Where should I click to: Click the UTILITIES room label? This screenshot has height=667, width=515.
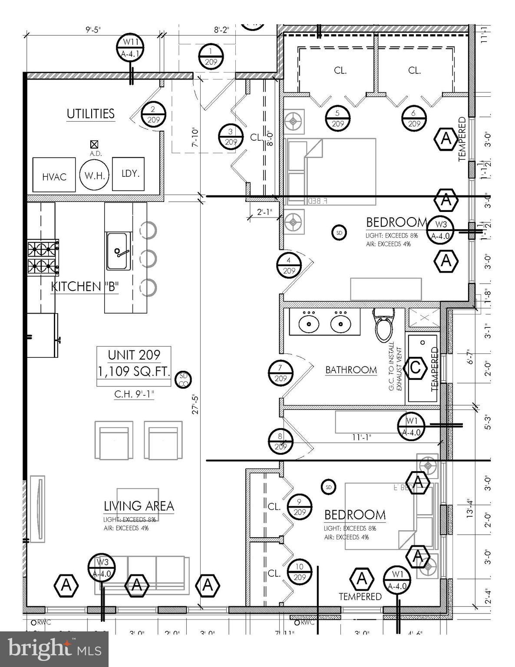click(x=90, y=114)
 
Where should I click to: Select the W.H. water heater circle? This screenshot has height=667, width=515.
click(x=93, y=175)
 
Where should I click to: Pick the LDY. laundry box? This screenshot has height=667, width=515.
click(x=129, y=174)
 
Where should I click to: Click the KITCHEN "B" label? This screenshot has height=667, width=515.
click(x=85, y=287)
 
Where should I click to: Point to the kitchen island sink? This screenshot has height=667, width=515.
click(x=117, y=251)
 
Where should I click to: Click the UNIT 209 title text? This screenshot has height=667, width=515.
click(x=134, y=355)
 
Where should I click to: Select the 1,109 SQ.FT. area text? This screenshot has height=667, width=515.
click(x=134, y=372)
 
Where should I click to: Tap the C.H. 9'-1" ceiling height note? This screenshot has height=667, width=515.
click(x=134, y=394)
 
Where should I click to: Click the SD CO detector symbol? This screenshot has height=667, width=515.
click(x=183, y=380)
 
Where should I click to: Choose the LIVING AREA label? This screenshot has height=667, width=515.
click(x=139, y=506)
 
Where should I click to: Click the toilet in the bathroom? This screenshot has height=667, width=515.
click(x=384, y=326)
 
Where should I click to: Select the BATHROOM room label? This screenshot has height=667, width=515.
click(x=351, y=370)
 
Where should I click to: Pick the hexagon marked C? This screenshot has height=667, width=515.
click(x=415, y=368)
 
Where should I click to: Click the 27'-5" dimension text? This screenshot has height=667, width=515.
click(x=195, y=404)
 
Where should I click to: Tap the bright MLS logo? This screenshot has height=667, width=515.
click(x=54, y=649)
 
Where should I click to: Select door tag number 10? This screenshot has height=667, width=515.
click(x=300, y=572)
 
